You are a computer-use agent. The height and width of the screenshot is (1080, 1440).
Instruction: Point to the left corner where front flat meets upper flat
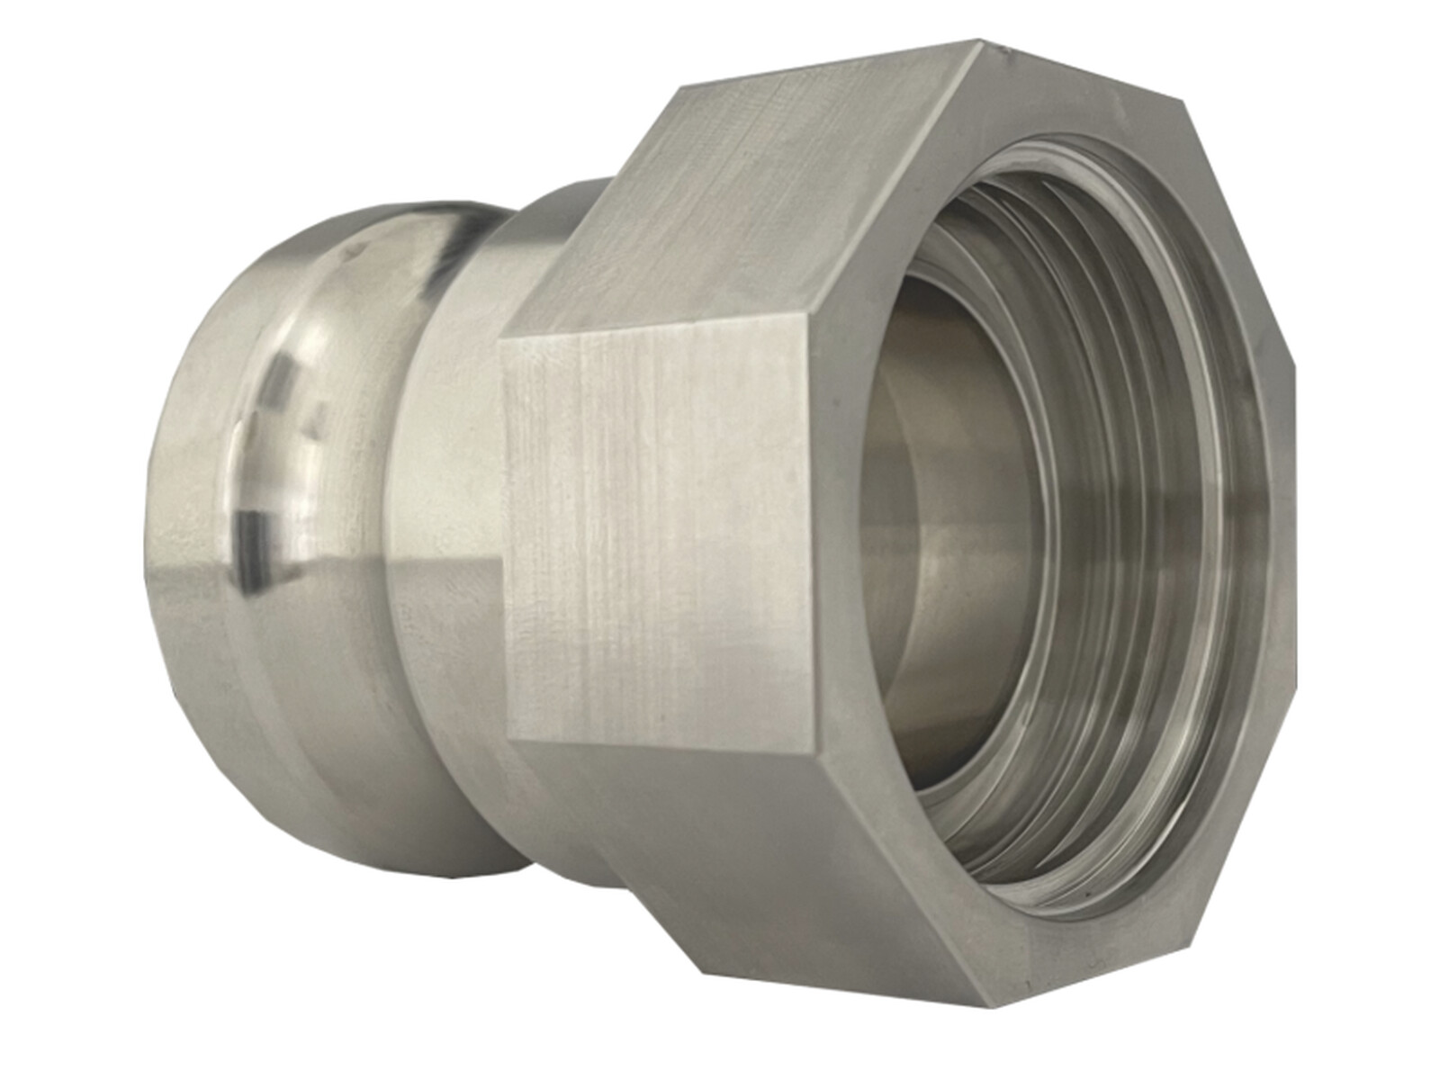coord(500,342)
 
